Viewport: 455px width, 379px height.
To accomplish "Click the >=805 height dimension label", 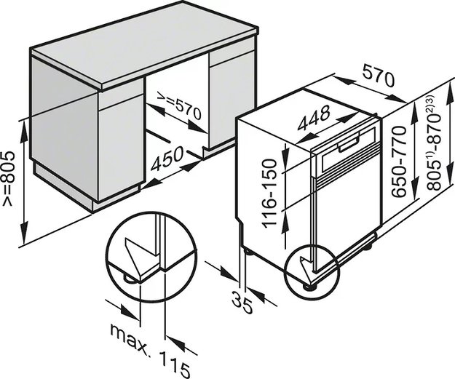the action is (x=8, y=179).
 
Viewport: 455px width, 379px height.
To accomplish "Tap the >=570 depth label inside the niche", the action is (x=179, y=105).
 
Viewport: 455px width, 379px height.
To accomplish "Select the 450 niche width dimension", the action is (x=168, y=159).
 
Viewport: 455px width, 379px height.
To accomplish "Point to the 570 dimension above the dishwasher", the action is (x=378, y=76).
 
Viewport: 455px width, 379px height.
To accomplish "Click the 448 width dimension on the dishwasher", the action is (x=314, y=118).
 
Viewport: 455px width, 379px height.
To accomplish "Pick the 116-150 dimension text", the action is (x=269, y=194).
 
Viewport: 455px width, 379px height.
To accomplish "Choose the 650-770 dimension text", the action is (x=397, y=161).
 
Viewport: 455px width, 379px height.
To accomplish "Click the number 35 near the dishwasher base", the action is (x=242, y=303).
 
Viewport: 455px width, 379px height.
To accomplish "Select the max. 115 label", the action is (x=150, y=350).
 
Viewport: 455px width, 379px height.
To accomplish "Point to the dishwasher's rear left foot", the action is (x=249, y=250).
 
